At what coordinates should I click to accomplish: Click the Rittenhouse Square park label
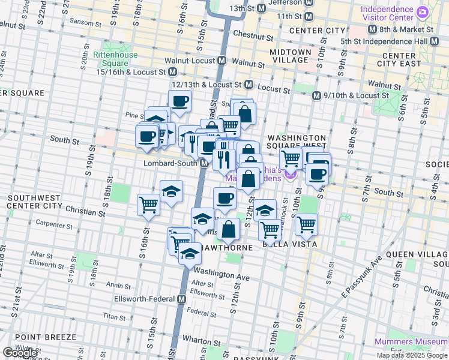click(x=115, y=59)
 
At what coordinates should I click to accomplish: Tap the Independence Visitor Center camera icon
click(x=423, y=12)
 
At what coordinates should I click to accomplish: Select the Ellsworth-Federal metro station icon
click(x=182, y=299)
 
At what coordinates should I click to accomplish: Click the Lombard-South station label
click(x=170, y=164)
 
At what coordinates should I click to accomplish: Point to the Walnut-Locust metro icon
click(x=222, y=61)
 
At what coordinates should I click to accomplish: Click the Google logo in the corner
click(x=20, y=353)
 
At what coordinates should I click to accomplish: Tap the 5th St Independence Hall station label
click(x=399, y=41)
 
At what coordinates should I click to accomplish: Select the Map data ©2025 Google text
click(x=412, y=355)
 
